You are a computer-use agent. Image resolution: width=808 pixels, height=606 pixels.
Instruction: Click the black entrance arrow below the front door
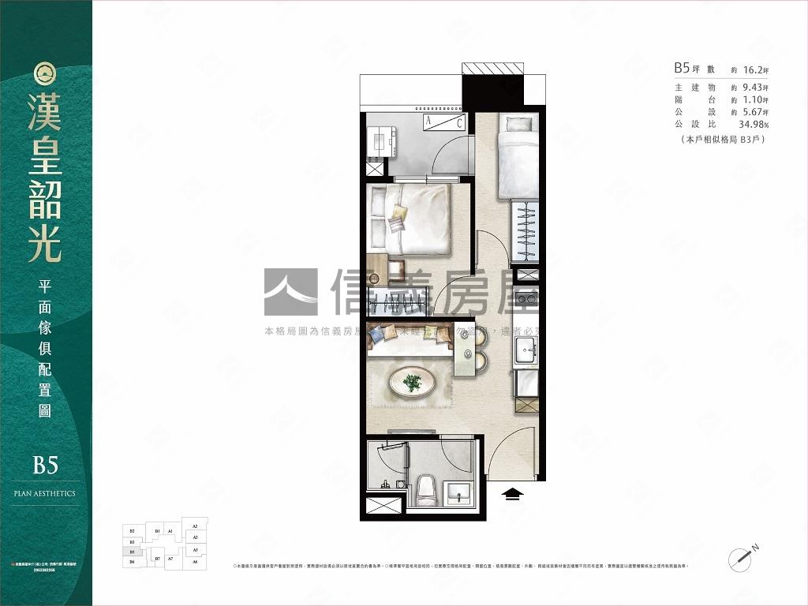[513, 493]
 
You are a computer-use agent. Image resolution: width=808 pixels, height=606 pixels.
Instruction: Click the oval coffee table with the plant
[411, 383]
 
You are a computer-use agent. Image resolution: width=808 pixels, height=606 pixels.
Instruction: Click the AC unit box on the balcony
[443, 122]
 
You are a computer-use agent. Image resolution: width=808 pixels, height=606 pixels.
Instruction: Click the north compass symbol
[744, 557]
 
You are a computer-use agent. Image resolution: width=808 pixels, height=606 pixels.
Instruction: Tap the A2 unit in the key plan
[194, 524]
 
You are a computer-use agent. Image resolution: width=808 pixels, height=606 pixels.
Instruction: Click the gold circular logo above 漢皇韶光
[45, 73]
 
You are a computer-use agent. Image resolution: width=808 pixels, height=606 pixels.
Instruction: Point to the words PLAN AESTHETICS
[45, 493]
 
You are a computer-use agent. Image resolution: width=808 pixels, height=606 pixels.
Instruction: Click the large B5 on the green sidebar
[45, 465]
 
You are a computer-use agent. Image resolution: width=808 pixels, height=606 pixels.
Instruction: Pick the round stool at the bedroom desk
[373, 278]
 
